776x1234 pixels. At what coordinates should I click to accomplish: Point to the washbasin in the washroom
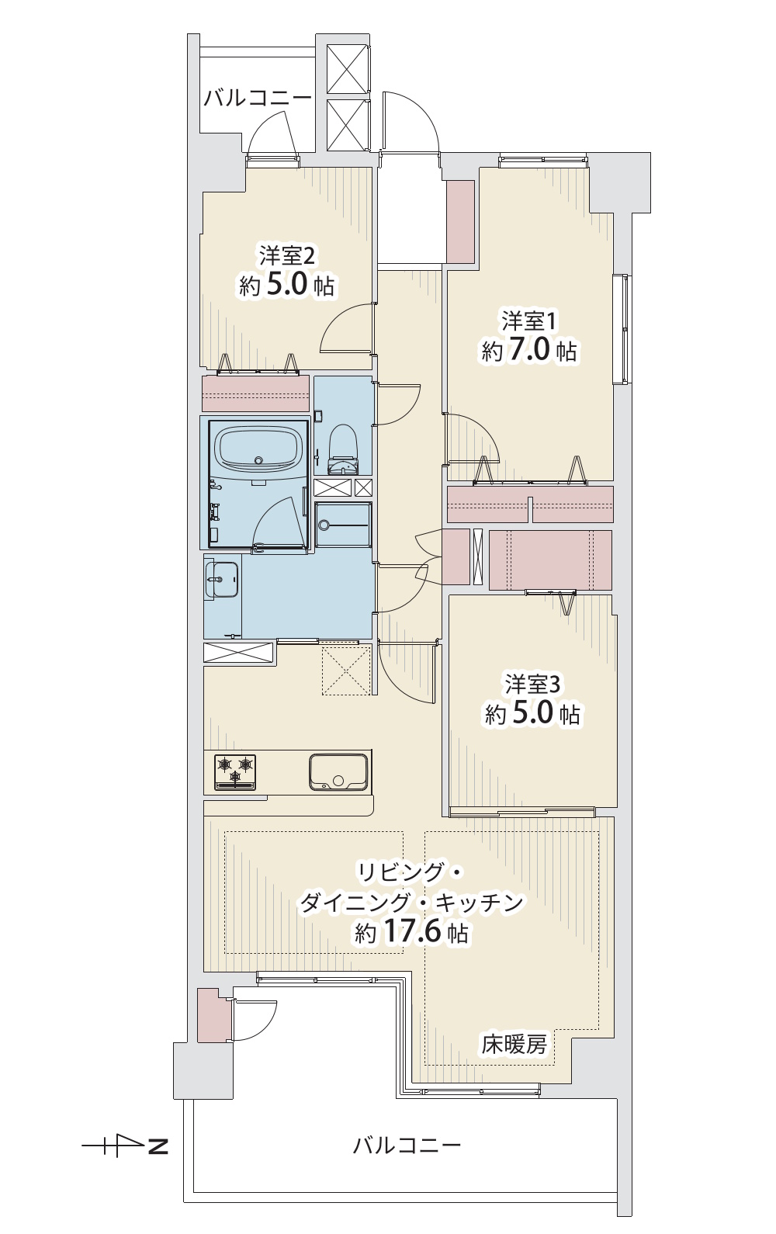[222, 580]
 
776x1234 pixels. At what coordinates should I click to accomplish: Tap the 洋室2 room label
[287, 255]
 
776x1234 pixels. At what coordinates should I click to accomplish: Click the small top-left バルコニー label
[257, 99]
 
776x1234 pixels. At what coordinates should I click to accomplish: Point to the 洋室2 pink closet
[255, 393]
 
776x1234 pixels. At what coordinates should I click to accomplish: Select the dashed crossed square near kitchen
[346, 671]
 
